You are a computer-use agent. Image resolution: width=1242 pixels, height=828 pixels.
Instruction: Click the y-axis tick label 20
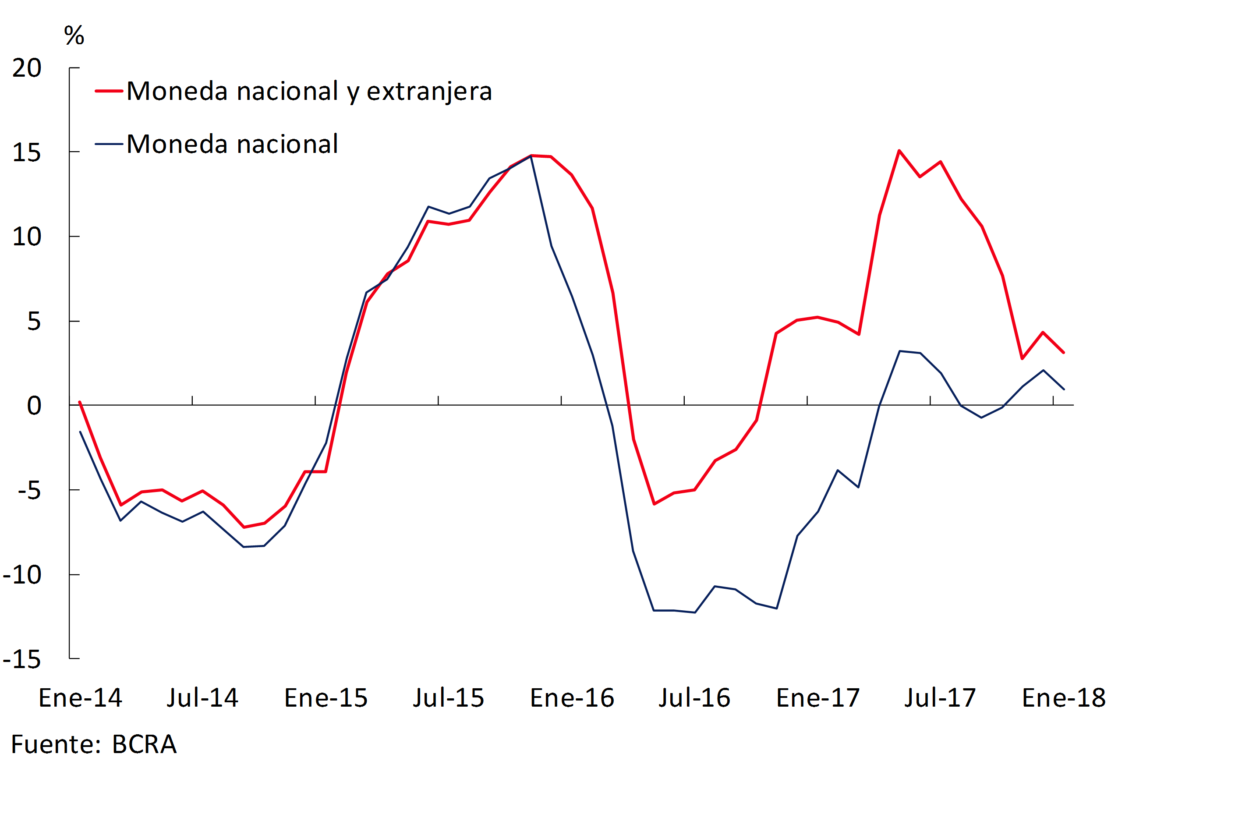pyautogui.click(x=27, y=68)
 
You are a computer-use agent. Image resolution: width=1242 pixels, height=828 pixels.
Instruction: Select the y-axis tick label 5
pyautogui.click(x=34, y=322)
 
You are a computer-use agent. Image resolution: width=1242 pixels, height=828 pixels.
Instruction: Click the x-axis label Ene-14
pyautogui.click(x=80, y=698)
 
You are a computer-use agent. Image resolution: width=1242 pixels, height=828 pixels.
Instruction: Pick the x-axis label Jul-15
pyautogui.click(x=448, y=698)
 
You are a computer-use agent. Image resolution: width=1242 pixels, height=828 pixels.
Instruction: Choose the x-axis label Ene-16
pyautogui.click(x=572, y=698)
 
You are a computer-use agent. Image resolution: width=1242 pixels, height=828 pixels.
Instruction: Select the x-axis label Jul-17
pyautogui.click(x=940, y=698)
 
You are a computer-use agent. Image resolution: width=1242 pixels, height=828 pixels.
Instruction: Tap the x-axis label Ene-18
pyautogui.click(x=1064, y=698)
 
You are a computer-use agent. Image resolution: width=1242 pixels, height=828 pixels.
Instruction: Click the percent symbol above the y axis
pyautogui.click(x=74, y=35)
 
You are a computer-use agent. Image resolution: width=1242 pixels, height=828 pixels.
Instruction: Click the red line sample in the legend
pyautogui.click(x=109, y=91)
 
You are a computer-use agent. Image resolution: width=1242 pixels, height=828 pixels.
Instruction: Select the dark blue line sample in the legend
pyautogui.click(x=109, y=144)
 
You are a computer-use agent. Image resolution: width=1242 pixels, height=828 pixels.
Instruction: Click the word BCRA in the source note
pyautogui.click(x=144, y=745)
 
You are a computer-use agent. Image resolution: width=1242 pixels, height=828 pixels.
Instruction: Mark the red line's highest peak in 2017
pyautogui.click(x=899, y=151)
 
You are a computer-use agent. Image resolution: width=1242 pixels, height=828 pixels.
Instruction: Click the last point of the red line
pyautogui.click(x=1064, y=352)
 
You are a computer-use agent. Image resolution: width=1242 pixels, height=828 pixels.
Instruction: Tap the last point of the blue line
pyautogui.click(x=1064, y=389)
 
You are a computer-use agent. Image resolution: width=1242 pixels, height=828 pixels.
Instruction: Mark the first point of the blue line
pyautogui.click(x=80, y=432)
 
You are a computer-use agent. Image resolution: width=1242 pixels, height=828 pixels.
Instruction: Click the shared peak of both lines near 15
pyautogui.click(x=531, y=156)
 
